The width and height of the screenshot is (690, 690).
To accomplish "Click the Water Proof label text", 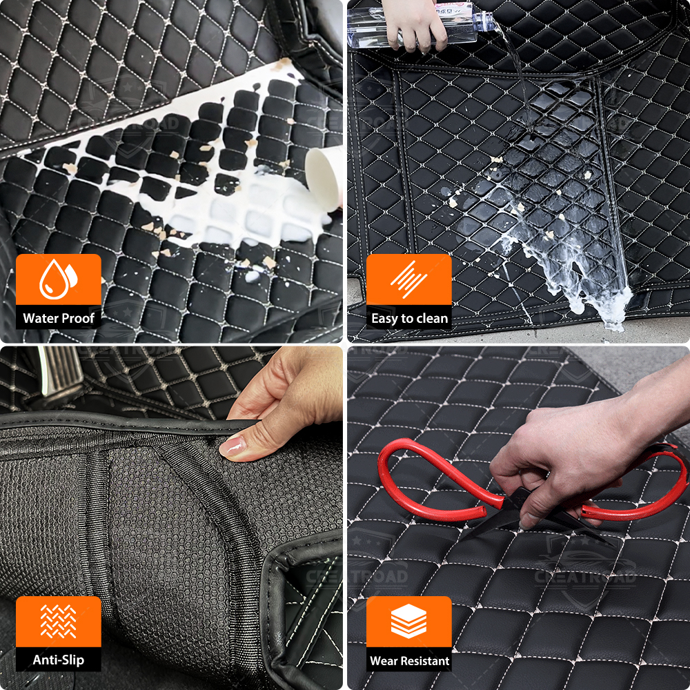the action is (x=59, y=318).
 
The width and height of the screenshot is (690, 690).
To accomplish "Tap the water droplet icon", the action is (x=58, y=279).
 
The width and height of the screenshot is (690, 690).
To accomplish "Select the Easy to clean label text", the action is (x=409, y=318).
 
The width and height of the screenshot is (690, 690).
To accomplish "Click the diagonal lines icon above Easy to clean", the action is (x=408, y=279).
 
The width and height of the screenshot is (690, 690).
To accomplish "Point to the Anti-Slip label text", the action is (x=59, y=660).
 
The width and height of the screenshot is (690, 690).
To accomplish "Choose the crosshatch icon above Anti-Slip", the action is (x=58, y=621).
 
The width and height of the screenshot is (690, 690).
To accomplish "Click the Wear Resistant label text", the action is (x=409, y=660).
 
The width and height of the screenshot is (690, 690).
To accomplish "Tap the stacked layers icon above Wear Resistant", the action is (x=408, y=621).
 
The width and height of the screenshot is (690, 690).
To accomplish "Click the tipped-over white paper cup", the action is (x=324, y=178).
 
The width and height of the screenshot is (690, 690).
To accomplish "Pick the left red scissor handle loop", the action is (x=435, y=475).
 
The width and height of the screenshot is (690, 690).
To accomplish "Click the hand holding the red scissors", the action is (x=572, y=462).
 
